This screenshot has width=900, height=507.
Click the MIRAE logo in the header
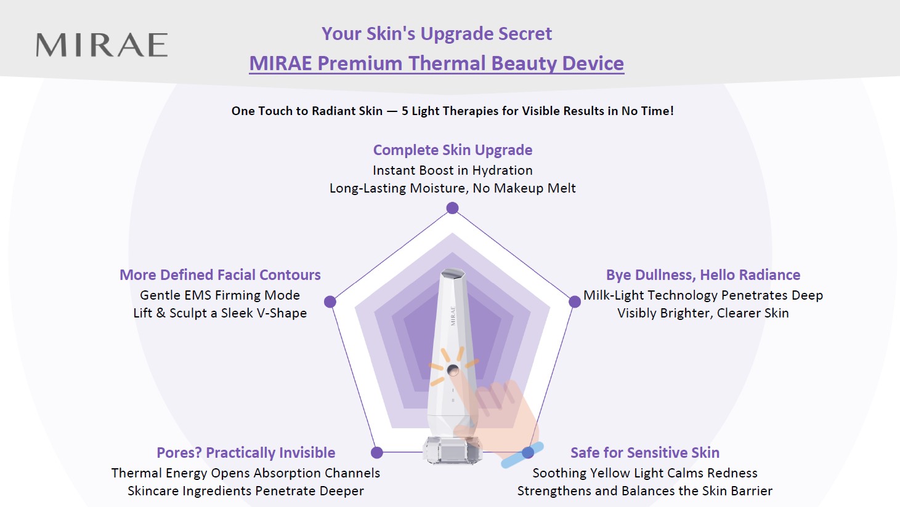[102, 44]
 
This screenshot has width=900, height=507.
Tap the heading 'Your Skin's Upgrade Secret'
[437, 34]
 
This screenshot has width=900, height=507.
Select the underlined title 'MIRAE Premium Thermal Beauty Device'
[437, 63]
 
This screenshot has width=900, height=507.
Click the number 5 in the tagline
[405, 111]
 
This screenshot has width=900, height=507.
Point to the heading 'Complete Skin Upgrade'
[452, 150]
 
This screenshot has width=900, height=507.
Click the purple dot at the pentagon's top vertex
[452, 208]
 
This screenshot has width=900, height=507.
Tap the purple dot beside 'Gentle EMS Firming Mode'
[330, 302]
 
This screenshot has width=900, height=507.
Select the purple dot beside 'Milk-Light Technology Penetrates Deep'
[575, 302]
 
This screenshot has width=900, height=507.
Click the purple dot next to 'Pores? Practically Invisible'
[377, 453]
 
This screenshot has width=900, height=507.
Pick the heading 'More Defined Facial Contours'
[220, 275]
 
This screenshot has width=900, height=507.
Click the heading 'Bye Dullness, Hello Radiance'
[703, 275]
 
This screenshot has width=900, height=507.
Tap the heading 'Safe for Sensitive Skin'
[645, 453]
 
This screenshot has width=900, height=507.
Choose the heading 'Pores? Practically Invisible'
[246, 453]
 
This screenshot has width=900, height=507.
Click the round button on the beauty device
[453, 370]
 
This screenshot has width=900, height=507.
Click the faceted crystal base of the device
[452, 451]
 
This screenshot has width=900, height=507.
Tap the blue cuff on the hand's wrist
[522, 455]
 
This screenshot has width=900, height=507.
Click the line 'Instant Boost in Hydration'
[452, 170]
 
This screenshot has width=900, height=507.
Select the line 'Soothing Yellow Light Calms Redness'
[645, 473]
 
